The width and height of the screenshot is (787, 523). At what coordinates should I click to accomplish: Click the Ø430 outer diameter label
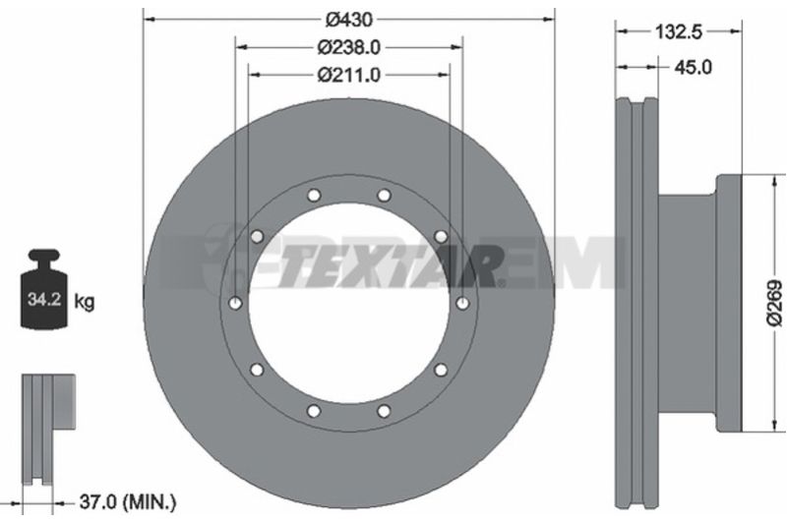pyautogui.click(x=349, y=20)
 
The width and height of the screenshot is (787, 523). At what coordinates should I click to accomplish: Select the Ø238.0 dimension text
pyautogui.click(x=349, y=47)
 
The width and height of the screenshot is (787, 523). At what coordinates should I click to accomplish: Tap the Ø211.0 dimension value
pyautogui.click(x=349, y=76)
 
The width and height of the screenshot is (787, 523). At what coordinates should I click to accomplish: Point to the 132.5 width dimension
pyautogui.click(x=679, y=32)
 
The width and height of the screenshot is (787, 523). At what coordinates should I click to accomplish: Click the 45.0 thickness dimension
pyautogui.click(x=693, y=67)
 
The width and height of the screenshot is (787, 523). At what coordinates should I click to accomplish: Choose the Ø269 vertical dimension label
pyautogui.click(x=774, y=304)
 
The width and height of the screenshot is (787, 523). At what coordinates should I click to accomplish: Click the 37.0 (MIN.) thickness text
pyautogui.click(x=128, y=501)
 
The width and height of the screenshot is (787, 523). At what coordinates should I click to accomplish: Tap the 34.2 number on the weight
pyautogui.click(x=44, y=300)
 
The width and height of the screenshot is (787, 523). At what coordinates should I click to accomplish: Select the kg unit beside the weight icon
pyautogui.click(x=85, y=302)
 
